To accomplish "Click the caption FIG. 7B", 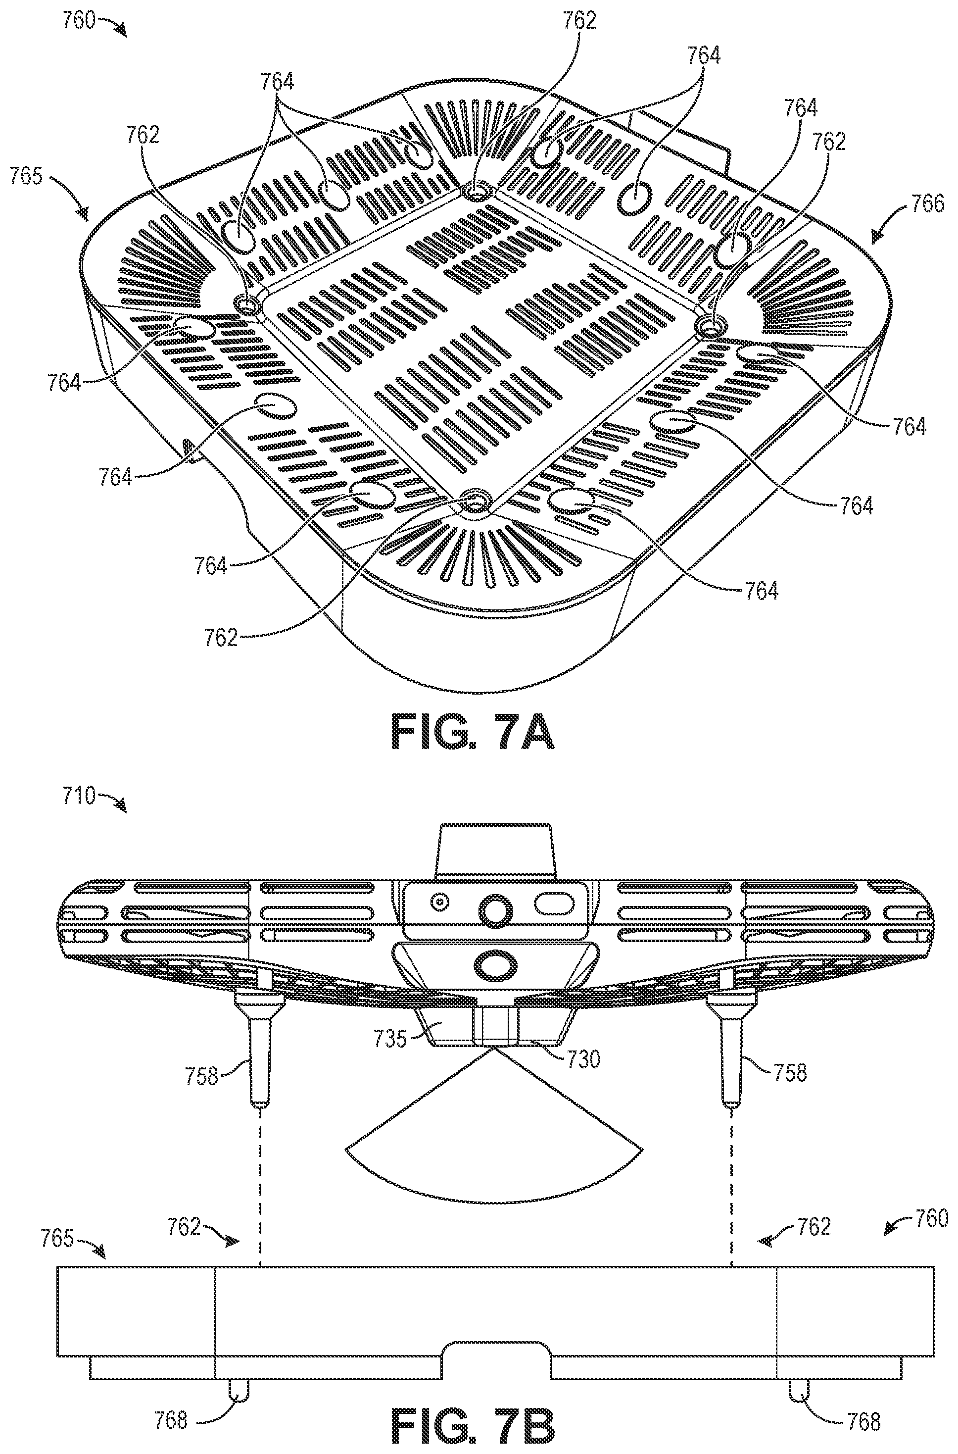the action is [472, 1433].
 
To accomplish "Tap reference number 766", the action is [927, 203].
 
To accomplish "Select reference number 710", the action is [79, 797].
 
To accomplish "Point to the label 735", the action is [390, 1039].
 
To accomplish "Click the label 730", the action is [583, 1058].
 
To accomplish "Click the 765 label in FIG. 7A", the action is [27, 177].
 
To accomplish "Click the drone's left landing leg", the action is [259, 1046].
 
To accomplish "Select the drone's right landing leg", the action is [731, 1046].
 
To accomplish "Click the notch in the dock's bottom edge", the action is [496, 1340].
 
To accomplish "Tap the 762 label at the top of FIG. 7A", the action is [579, 21].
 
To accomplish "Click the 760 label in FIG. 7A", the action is [79, 20].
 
